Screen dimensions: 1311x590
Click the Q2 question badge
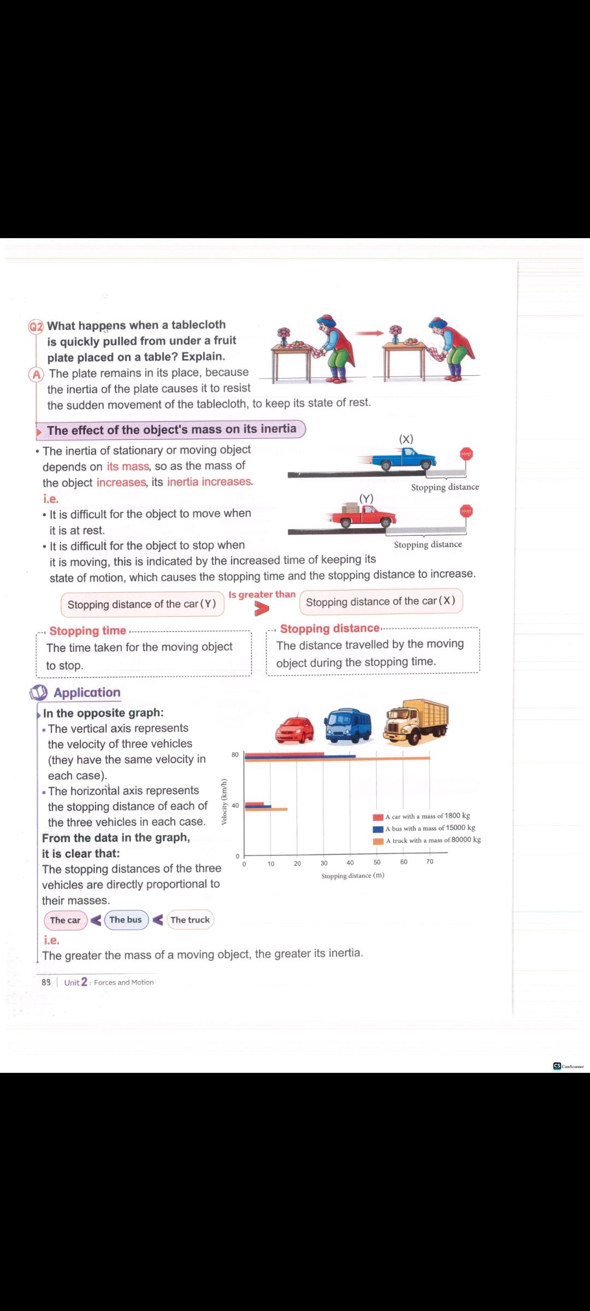(x=36, y=327)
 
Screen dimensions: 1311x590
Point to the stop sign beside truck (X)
(x=466, y=454)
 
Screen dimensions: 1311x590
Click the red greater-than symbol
(x=262, y=609)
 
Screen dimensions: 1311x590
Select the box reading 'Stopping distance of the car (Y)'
(x=142, y=604)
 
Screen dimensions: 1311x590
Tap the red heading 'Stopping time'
(x=87, y=631)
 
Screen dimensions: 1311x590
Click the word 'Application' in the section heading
(x=87, y=693)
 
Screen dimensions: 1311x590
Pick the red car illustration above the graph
(x=295, y=728)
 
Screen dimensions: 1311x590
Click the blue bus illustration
(x=348, y=725)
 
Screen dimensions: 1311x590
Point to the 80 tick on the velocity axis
(x=235, y=755)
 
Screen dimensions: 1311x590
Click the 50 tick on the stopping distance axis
(x=377, y=863)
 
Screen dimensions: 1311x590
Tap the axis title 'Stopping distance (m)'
(x=352, y=876)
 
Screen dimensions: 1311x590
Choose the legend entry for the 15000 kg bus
(x=424, y=829)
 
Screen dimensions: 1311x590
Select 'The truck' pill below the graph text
(x=190, y=920)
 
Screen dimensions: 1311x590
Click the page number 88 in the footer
(x=46, y=982)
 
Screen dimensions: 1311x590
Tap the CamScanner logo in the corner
(x=568, y=1066)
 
